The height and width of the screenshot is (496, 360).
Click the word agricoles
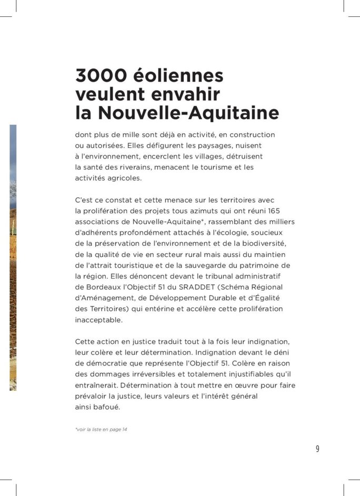click(124, 178)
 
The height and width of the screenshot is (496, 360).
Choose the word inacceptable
click(99, 319)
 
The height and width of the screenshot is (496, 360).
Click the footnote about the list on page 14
click(101, 430)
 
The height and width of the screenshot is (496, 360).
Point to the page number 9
click(317, 449)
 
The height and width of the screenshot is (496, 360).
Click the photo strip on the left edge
click(13, 257)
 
